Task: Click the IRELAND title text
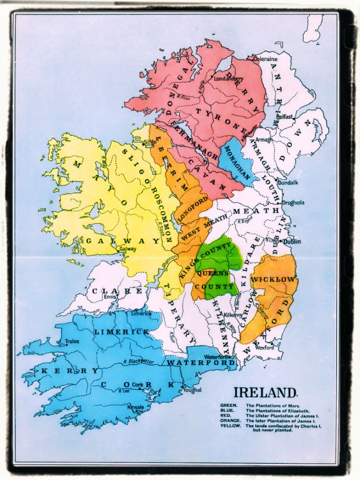pos(265,393)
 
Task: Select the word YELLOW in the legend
pos(230,426)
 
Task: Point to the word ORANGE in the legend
pos(230,421)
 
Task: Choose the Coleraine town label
pos(265,59)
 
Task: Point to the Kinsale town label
pos(135,407)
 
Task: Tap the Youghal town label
pos(193,390)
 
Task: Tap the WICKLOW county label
pos(274,279)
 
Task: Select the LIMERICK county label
pos(122,332)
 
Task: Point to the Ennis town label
pos(109,296)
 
